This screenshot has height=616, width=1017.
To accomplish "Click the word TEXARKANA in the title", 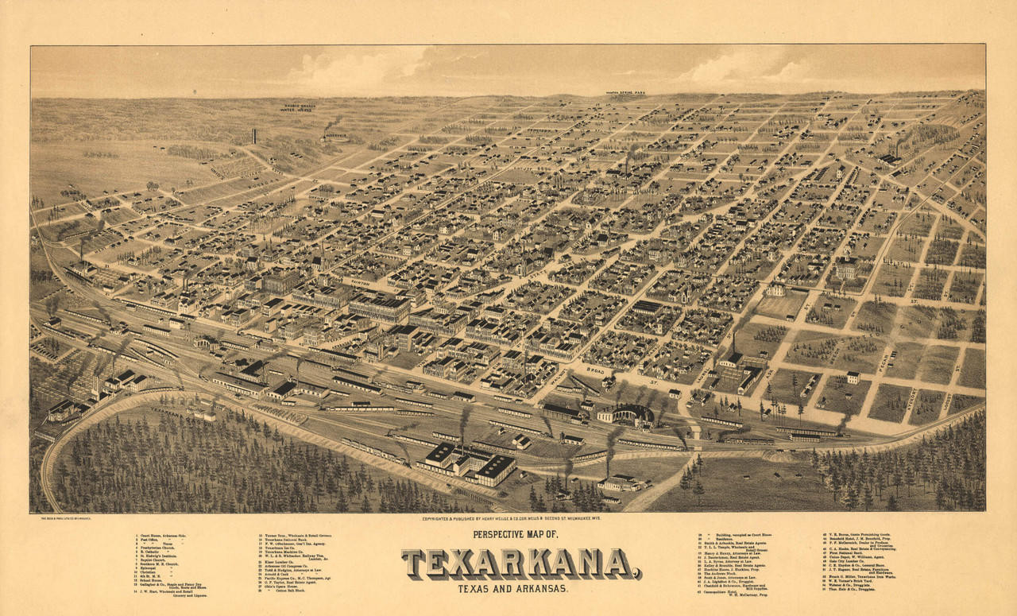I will (520, 564).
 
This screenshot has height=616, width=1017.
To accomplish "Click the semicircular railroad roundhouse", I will (625, 414).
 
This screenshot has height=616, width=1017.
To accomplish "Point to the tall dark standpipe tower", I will (253, 136).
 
